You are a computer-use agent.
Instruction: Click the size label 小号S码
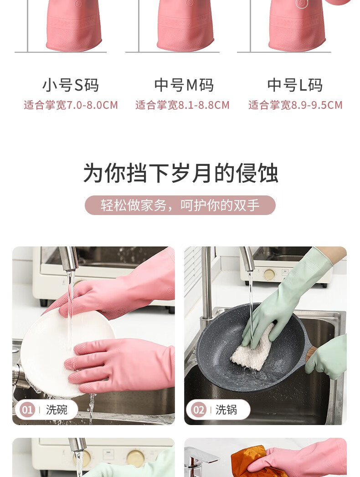coord(70,85)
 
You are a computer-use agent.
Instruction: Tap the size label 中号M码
coord(184,85)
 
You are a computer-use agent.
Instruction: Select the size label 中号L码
coord(295,85)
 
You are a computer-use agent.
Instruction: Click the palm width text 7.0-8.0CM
coord(92,105)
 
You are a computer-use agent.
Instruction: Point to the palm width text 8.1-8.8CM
coord(204,105)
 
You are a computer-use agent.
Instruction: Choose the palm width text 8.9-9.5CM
coord(317,105)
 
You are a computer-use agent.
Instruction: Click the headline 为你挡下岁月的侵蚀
coord(180,173)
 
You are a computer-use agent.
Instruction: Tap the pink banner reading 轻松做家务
coord(180,205)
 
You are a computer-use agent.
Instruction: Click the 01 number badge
coord(27,410)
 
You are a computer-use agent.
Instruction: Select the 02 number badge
coord(198,410)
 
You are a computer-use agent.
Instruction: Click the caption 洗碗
coord(57,410)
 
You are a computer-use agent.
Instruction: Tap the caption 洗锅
coord(226,410)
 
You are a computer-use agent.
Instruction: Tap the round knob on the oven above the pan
coord(269,275)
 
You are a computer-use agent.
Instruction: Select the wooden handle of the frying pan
coord(311,354)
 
